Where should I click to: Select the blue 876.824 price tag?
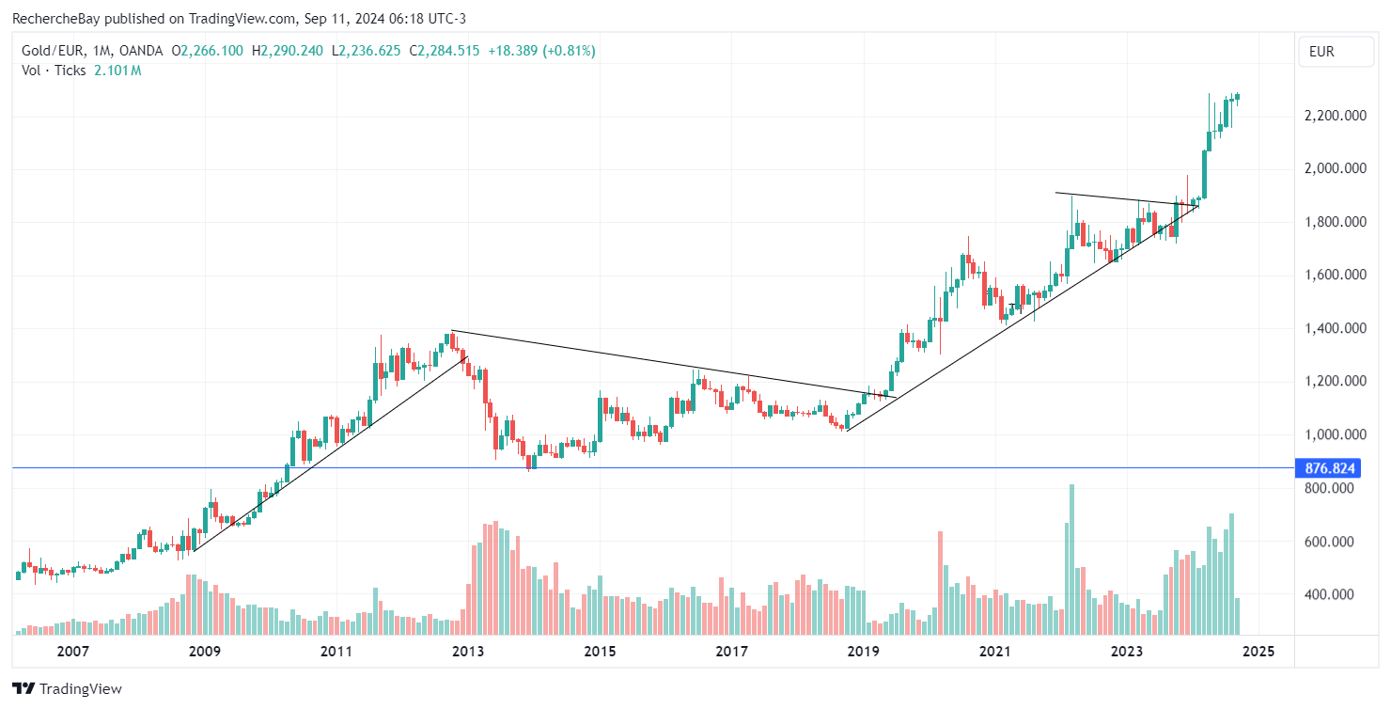pos(1327,468)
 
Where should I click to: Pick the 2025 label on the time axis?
pos(1258,651)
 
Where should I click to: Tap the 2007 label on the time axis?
pos(72,651)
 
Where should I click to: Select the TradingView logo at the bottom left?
pos(67,688)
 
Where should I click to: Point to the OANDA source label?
pos(141,51)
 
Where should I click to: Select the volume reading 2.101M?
pos(117,70)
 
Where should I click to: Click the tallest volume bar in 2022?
pos(1071,559)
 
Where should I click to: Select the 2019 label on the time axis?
pos(863,651)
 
